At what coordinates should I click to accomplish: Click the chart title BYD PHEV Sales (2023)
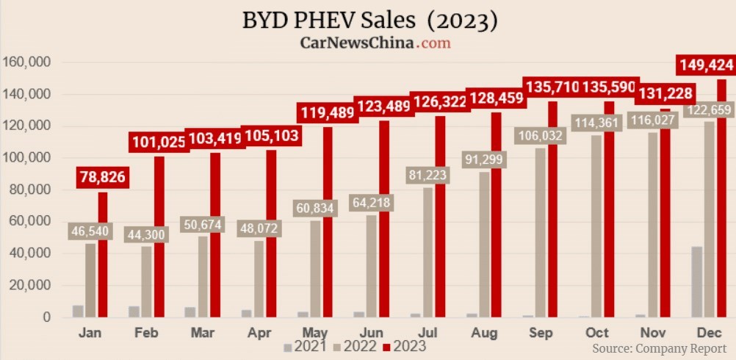coord(369,20)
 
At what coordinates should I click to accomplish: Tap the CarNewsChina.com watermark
coord(375,43)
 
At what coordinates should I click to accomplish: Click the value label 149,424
coord(705,65)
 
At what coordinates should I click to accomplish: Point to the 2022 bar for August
coord(484,250)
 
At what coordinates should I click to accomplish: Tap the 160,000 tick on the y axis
coord(26,62)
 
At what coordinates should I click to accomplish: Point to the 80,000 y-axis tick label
coord(29,190)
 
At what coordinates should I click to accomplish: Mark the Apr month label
coord(260,333)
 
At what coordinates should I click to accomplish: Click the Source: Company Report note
coord(659,348)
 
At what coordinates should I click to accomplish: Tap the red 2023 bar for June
coord(383,220)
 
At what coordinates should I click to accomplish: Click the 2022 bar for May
coord(315,272)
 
